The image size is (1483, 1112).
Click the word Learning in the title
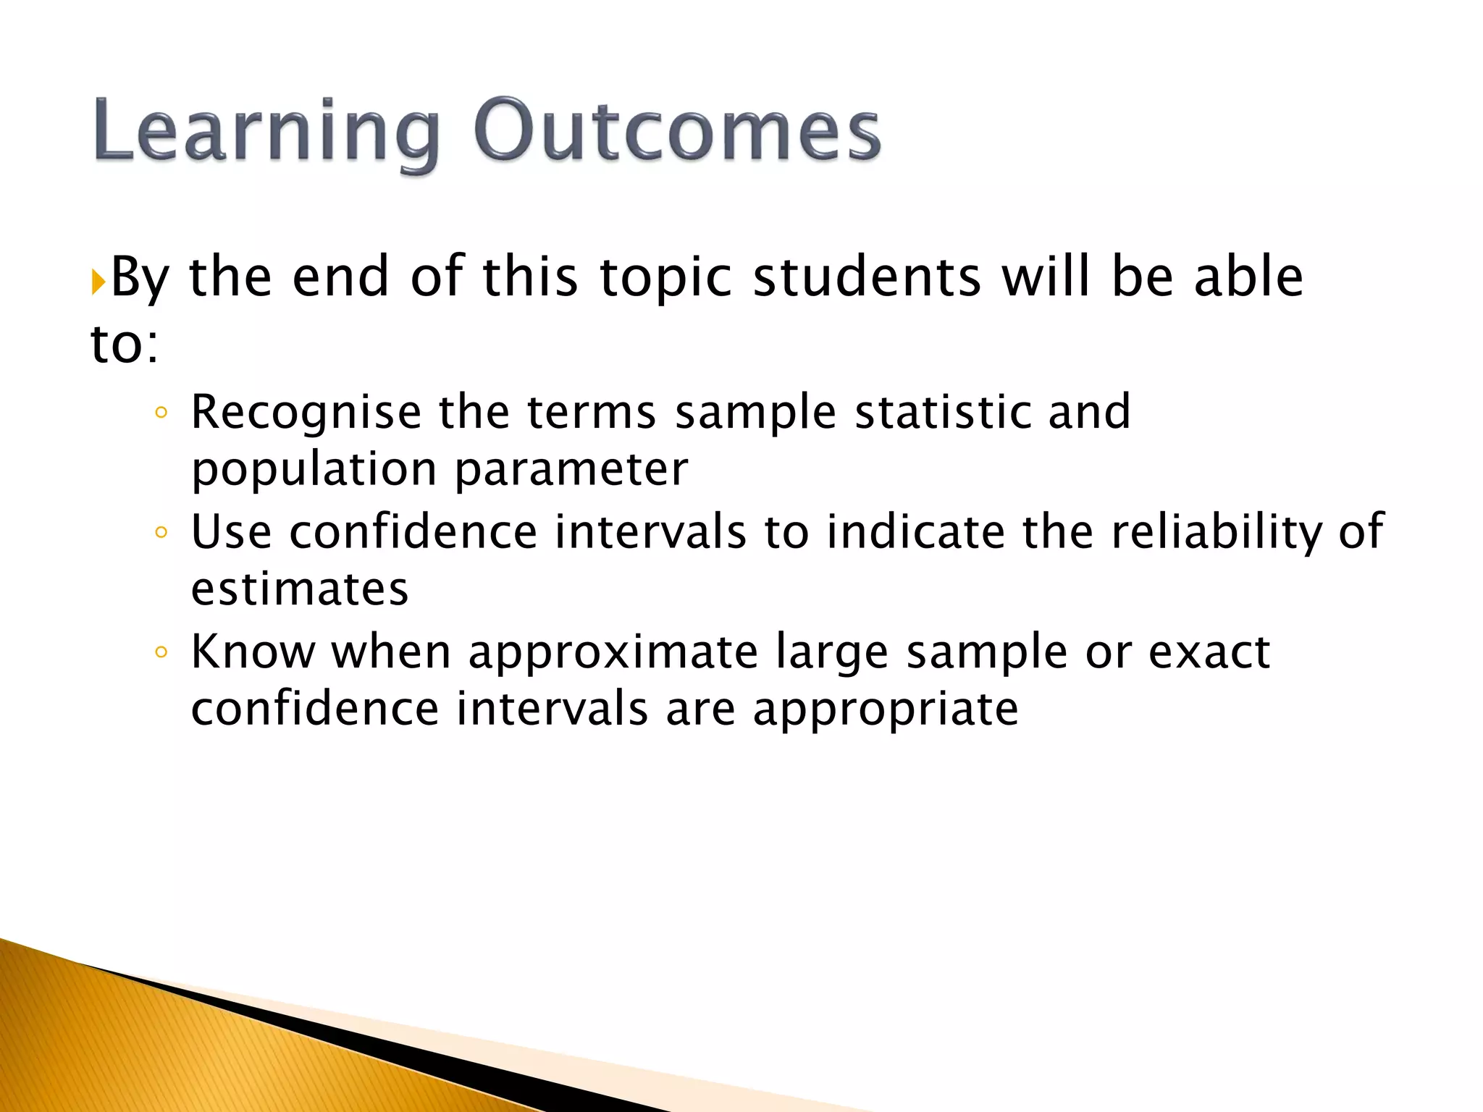click(265, 132)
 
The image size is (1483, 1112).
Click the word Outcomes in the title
click(676, 132)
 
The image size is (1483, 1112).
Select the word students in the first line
click(866, 278)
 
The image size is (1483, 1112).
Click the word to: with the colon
click(124, 345)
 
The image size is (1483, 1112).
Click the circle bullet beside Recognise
click(161, 413)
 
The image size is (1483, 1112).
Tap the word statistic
click(941, 413)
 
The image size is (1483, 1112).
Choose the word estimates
click(300, 589)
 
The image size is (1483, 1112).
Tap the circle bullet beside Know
click(161, 652)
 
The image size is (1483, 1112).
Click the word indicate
click(915, 533)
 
